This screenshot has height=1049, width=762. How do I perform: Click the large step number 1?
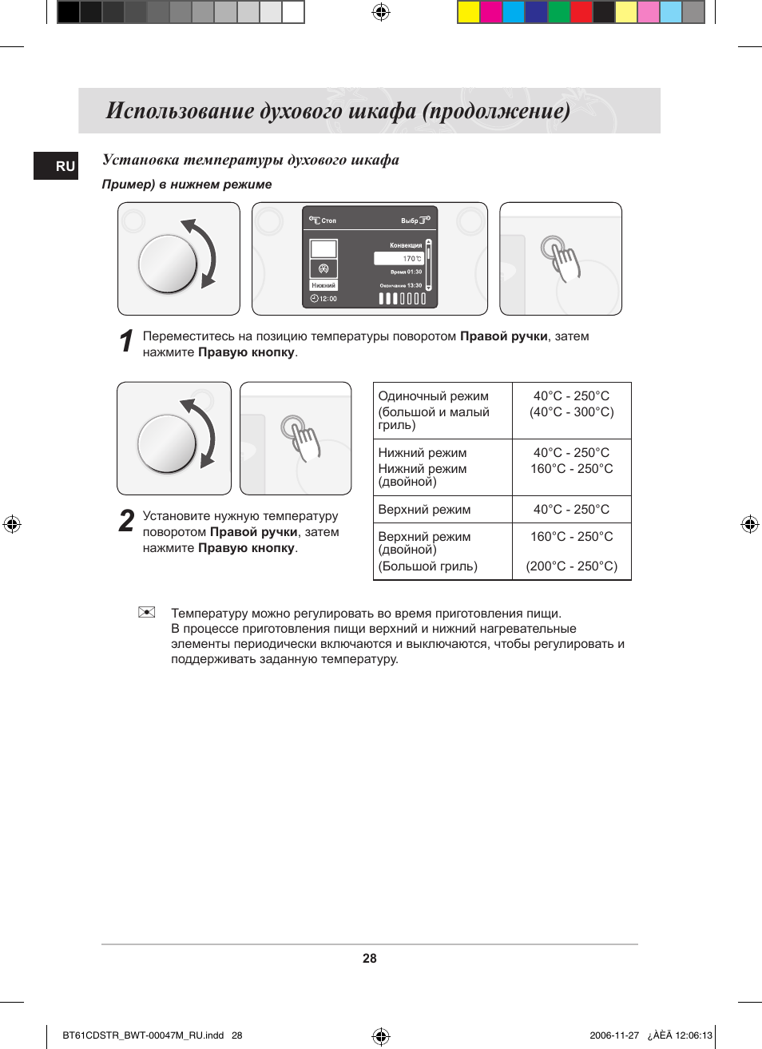[x=126, y=341]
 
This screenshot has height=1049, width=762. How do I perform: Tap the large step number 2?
[x=126, y=521]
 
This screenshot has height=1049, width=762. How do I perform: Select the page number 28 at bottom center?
[x=369, y=959]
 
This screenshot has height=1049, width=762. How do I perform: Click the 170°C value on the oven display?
[x=411, y=259]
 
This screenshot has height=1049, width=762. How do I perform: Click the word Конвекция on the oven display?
[x=406, y=245]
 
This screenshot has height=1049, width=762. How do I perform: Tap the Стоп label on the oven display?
[x=328, y=221]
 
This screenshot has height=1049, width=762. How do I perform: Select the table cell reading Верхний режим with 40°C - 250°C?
[x=424, y=510]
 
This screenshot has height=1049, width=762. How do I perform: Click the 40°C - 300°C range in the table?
[x=572, y=412]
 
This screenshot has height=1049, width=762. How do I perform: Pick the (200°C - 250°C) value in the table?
[x=572, y=566]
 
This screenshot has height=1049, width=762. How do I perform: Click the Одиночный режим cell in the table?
[x=434, y=396]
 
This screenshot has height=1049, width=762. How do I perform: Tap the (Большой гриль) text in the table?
[x=428, y=566]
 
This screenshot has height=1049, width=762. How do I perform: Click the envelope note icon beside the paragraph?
[x=146, y=612]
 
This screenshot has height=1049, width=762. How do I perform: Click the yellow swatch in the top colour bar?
[x=469, y=12]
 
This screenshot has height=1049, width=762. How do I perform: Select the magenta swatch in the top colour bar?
[x=491, y=12]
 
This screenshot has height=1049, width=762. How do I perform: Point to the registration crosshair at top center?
[x=381, y=12]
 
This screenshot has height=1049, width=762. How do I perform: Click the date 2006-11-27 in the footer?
[x=614, y=1035]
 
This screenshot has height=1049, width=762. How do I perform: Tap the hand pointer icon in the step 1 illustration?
[x=562, y=257]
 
